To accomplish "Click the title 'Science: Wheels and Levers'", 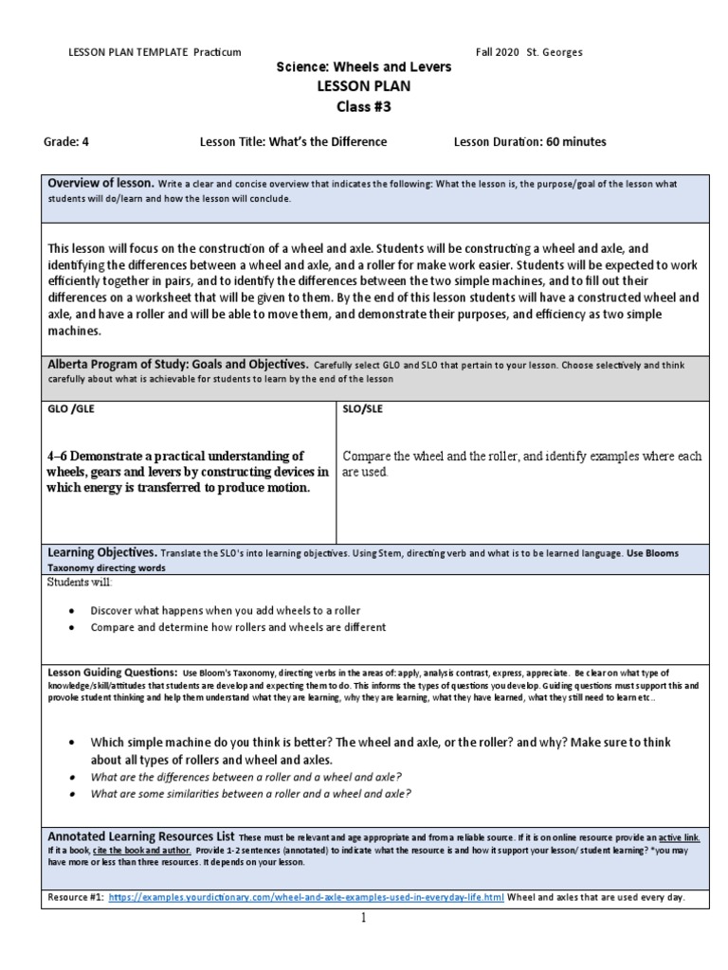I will pos(363,68).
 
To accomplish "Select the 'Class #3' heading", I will pos(363,107).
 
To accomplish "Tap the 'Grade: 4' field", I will pos(66,142).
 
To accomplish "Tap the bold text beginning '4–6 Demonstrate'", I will pos(188,472).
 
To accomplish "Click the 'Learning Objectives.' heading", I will pos(102,551).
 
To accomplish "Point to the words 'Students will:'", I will pos(79,582).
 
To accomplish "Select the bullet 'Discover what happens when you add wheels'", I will pos(225,610).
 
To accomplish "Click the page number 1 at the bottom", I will pos(363,918).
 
